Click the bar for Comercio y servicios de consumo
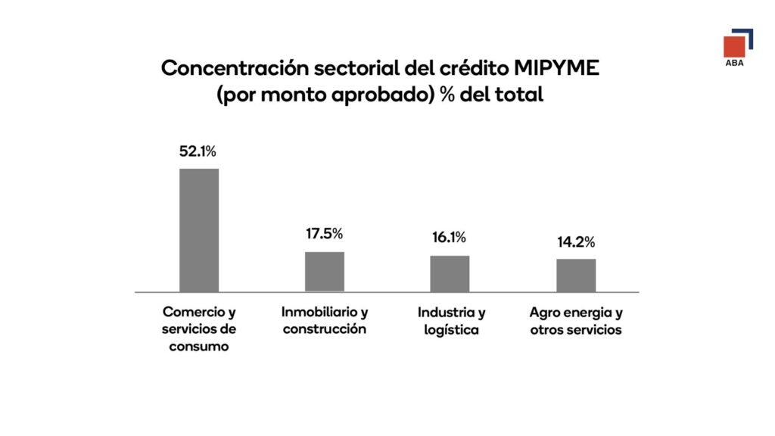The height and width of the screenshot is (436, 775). click(198, 230)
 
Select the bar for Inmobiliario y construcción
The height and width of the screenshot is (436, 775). click(325, 272)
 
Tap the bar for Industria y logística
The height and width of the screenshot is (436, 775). click(450, 273)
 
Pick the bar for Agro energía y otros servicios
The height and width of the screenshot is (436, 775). click(576, 275)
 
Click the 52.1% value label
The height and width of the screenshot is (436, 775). click(198, 151)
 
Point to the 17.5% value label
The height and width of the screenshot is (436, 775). click(324, 234)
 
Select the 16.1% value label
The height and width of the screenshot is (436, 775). click(450, 238)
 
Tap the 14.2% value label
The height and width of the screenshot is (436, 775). click(576, 242)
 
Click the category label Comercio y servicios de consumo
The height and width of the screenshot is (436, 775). click(199, 329)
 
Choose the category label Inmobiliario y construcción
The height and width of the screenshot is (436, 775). click(325, 321)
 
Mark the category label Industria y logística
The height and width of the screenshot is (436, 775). click(451, 321)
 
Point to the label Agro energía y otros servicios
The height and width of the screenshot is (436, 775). click(576, 321)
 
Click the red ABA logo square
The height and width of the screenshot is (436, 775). click(733, 47)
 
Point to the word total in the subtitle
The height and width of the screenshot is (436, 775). click(520, 96)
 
